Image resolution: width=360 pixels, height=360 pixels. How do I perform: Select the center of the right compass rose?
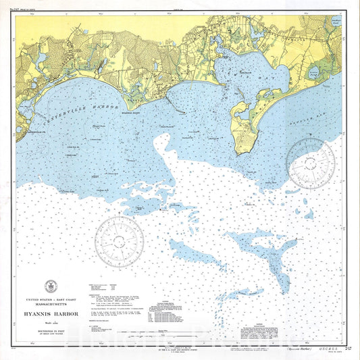point(310,163)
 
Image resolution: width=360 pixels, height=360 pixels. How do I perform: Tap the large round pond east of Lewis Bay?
point(313,72)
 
